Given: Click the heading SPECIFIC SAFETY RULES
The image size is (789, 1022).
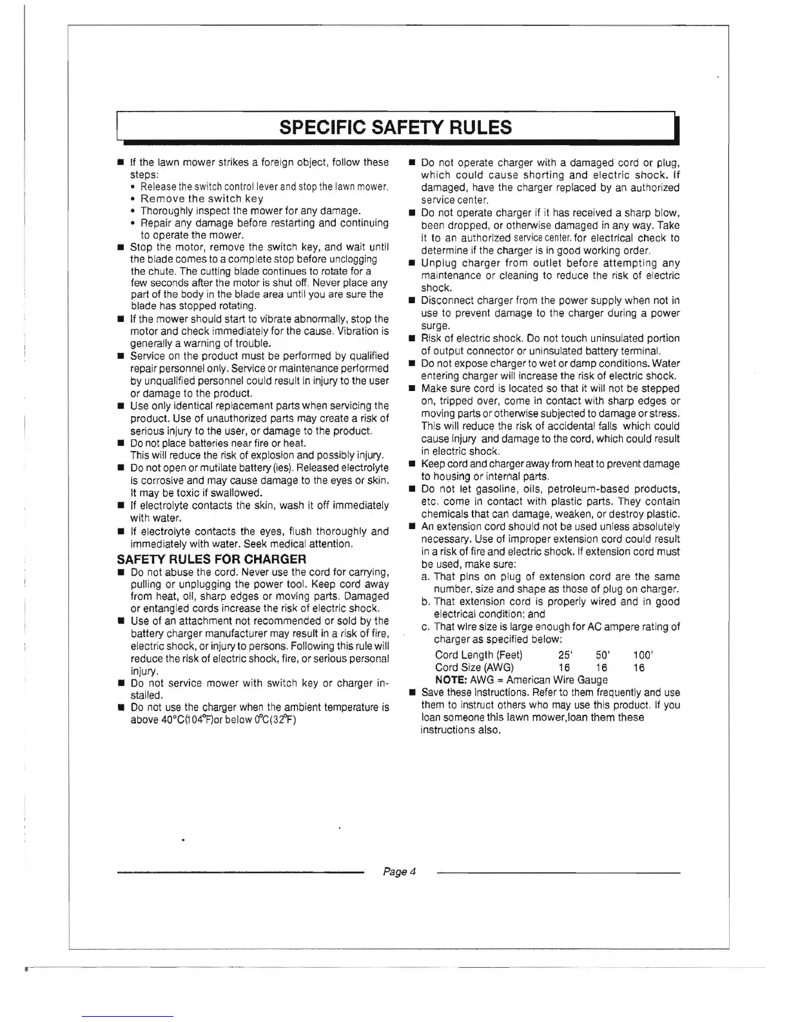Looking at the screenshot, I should [x=396, y=127].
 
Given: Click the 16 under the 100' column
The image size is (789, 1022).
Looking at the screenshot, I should [x=638, y=668].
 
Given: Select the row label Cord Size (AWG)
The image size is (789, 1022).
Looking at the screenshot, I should [x=474, y=668].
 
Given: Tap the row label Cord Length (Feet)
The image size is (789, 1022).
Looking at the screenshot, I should [x=478, y=655].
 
